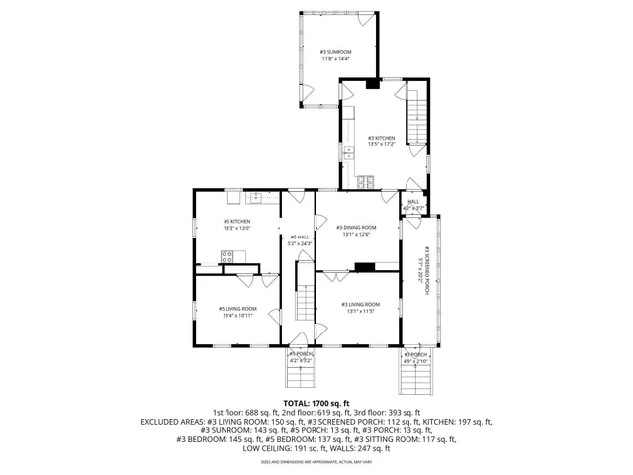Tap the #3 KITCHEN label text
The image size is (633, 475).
coord(382,138)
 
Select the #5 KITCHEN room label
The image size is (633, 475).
coord(236,221)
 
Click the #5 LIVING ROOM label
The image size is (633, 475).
coord(237,308)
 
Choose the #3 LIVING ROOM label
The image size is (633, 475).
coord(360,304)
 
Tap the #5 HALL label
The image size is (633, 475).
coord(300,237)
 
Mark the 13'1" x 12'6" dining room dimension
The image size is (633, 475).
coord(356,235)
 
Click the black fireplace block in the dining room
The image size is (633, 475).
coord(365,266)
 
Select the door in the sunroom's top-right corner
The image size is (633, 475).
coord(367,19)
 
